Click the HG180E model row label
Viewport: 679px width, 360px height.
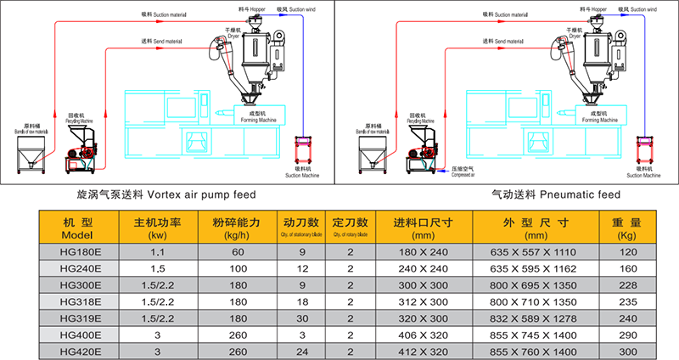[81, 252]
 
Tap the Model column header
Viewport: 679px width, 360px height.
[81, 228]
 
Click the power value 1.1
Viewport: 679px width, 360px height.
[158, 252]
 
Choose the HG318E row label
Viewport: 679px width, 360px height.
[81, 301]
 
